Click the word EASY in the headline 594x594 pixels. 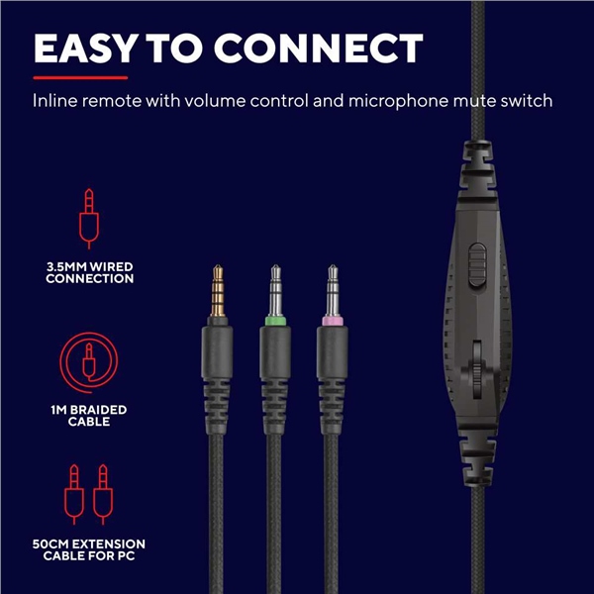[x=86, y=49]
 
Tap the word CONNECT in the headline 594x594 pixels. [x=319, y=49]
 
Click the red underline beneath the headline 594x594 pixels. [x=80, y=78]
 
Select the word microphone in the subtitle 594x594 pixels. [x=398, y=102]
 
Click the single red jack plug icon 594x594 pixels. [x=89, y=219]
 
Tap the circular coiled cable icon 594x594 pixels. [x=89, y=363]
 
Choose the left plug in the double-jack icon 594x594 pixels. [x=74, y=494]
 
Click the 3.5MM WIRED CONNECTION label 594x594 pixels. [x=90, y=273]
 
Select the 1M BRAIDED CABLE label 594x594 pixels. [x=89, y=416]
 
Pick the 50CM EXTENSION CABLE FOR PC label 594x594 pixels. [x=89, y=549]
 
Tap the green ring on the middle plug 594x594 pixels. [x=275, y=321]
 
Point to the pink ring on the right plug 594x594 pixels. [x=333, y=321]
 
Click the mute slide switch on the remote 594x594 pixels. [x=477, y=264]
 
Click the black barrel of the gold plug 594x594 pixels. [x=217, y=352]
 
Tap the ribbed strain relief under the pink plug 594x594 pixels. [x=332, y=407]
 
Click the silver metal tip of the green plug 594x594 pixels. [x=275, y=290]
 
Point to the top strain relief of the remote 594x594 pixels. [x=478, y=169]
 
